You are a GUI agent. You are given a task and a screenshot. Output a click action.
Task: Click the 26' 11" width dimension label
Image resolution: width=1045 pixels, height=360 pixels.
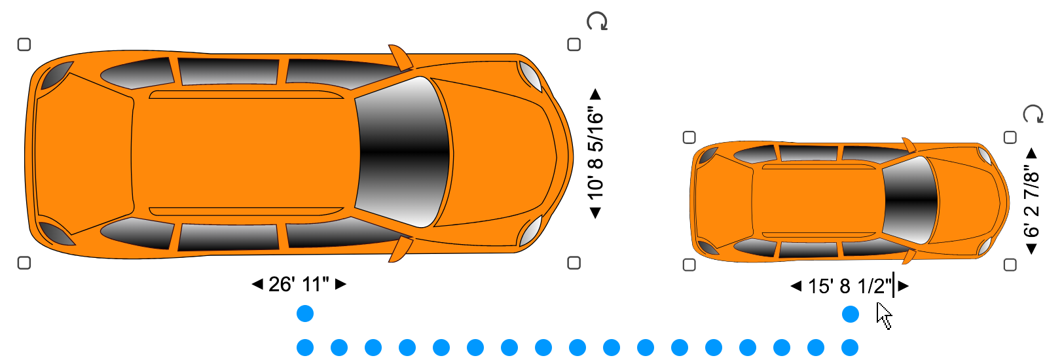click(x=299, y=285)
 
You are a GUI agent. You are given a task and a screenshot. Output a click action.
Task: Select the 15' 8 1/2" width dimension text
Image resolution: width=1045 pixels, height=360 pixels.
click(x=849, y=287)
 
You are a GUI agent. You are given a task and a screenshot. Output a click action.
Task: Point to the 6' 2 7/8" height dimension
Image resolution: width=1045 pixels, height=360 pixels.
click(x=1031, y=202)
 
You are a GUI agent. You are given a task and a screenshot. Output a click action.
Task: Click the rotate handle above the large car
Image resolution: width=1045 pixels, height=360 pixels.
click(x=596, y=22)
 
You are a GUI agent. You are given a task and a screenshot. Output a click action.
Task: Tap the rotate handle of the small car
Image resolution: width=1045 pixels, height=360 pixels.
click(x=1033, y=114)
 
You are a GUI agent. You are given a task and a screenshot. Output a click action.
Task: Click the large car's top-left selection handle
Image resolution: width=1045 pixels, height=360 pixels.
click(x=24, y=45)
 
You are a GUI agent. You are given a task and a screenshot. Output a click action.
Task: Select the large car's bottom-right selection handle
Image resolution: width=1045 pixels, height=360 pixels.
click(x=574, y=262)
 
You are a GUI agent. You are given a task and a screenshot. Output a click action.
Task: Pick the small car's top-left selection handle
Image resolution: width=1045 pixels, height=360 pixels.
click(x=689, y=137)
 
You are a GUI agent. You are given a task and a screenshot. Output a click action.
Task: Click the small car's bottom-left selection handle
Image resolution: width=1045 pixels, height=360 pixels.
click(x=689, y=264)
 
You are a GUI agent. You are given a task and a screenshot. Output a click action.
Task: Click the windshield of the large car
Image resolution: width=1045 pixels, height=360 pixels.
click(x=404, y=153)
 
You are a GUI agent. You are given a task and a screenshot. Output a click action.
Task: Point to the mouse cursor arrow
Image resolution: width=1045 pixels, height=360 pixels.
click(x=883, y=315)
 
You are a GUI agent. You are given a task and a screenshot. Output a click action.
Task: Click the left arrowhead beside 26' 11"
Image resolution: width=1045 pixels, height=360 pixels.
click(x=257, y=284)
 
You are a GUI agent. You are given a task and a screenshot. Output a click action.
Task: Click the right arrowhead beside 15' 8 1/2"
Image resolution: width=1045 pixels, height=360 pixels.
click(x=904, y=286)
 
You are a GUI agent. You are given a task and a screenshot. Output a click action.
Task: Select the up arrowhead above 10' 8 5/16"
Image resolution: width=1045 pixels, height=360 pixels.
click(x=595, y=94)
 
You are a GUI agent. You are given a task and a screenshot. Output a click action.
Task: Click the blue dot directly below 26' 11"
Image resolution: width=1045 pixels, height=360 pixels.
click(x=305, y=314)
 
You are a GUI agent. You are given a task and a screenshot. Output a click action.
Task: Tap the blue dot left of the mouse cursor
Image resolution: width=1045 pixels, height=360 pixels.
click(x=850, y=315)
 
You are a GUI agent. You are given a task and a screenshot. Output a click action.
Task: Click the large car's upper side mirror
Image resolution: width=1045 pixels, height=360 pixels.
click(x=400, y=58)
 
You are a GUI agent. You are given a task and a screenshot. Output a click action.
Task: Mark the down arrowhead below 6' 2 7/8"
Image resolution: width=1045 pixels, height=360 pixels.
click(x=1031, y=249)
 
